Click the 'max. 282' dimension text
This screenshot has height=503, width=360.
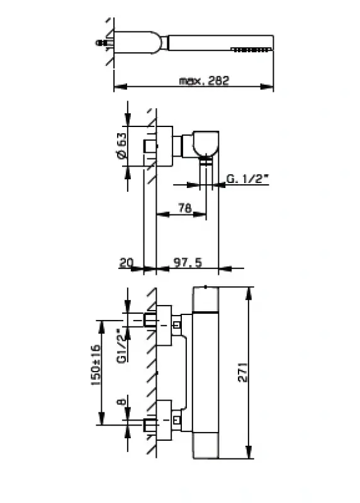[x=203, y=81]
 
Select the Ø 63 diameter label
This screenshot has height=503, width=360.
[x=122, y=146]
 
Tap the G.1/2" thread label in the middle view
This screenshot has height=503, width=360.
[x=247, y=180]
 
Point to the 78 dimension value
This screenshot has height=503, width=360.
[x=184, y=209]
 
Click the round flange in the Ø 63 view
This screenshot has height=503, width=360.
[x=164, y=146]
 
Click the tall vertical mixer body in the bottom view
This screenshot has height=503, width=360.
[x=206, y=371]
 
